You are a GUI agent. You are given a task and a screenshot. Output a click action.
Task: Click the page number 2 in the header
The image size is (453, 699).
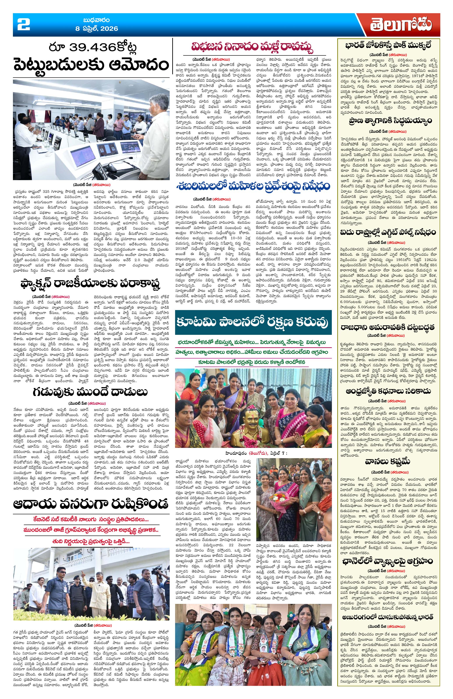point(23,24)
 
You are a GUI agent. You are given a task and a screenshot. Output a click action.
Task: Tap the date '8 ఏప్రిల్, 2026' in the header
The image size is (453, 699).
point(96,29)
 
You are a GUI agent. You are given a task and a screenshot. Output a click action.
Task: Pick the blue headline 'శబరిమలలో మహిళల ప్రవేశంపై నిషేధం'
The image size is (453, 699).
point(253,186)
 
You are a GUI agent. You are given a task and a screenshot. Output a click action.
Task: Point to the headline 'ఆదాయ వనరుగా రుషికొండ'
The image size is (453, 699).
point(91,504)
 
